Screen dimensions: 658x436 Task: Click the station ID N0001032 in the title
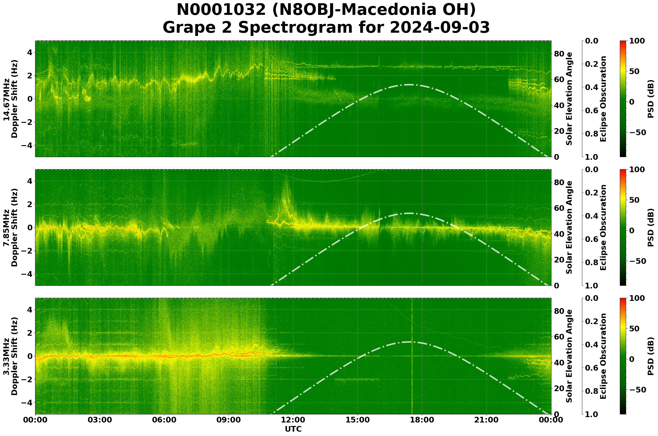click(221, 10)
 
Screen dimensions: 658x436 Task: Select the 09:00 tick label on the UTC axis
click(229, 420)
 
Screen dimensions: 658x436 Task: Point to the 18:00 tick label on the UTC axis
click(422, 420)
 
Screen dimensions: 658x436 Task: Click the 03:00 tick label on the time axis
click(100, 420)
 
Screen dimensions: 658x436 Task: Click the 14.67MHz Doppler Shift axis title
click(11, 99)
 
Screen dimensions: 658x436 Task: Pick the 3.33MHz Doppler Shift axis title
click(11, 357)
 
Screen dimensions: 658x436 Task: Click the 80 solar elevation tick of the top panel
click(559, 54)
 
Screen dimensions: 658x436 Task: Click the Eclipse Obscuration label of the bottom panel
click(603, 357)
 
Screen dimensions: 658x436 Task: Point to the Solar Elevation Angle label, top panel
click(569, 99)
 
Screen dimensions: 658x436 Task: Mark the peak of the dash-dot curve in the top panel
click(409, 85)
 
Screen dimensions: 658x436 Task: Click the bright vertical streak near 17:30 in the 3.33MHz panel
click(412, 356)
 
